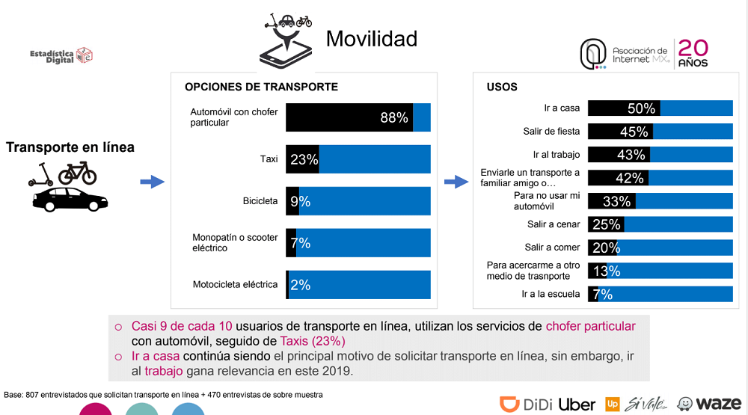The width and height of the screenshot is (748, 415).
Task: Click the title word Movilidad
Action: [x=372, y=39]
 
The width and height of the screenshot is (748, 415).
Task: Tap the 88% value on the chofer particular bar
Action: [x=394, y=117]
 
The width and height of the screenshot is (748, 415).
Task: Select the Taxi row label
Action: [x=269, y=159]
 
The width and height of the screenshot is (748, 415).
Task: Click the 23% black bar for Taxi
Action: [x=302, y=159]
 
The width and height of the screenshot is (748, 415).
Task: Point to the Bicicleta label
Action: [x=260, y=201]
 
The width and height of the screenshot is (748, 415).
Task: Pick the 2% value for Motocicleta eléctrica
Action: [x=301, y=285]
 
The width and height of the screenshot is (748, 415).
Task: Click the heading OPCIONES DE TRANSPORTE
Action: [x=261, y=87]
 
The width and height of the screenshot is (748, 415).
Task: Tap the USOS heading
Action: [x=502, y=87]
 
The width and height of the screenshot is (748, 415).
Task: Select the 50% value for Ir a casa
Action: [x=641, y=108]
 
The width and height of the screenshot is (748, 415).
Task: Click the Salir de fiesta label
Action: [x=551, y=131]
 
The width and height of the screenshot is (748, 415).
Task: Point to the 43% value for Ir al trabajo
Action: [x=631, y=155]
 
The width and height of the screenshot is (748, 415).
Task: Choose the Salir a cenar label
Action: [x=554, y=224]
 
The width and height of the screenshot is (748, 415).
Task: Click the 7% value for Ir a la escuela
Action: [x=602, y=295]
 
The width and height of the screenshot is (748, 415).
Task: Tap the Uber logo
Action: [x=577, y=405]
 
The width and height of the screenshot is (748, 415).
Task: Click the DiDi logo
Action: [x=526, y=404]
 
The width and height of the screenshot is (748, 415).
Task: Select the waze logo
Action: [x=709, y=404]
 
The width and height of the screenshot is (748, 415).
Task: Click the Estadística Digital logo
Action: [x=61, y=56]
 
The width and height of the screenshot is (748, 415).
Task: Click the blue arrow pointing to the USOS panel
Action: [x=456, y=182]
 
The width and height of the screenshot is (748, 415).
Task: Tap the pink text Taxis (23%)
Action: [x=313, y=341]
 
